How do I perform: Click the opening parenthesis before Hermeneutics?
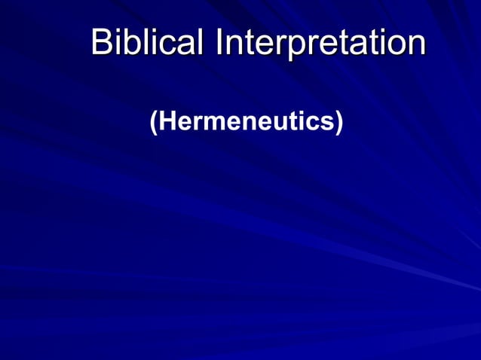[x=154, y=122]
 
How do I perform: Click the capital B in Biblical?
[x=101, y=42]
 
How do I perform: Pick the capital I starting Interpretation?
[x=219, y=42]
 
